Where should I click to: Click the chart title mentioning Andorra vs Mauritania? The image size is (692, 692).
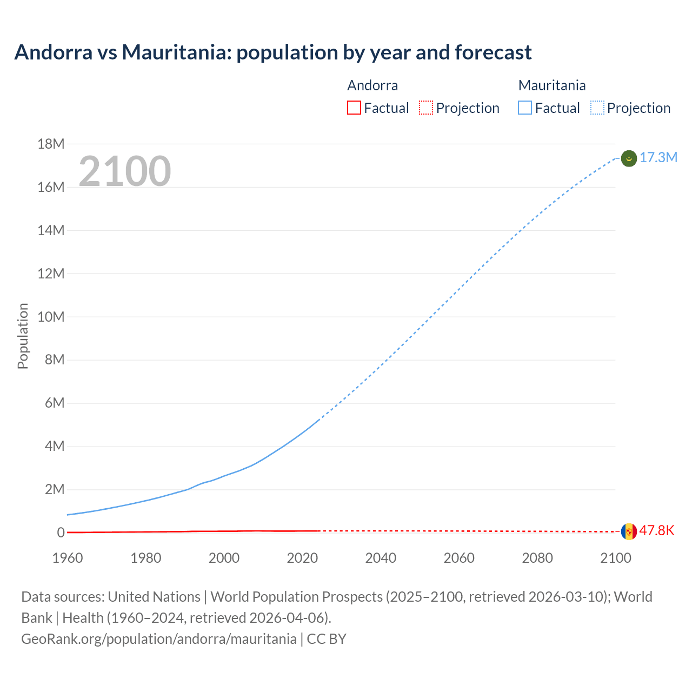(273, 52)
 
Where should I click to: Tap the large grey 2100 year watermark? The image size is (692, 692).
(125, 171)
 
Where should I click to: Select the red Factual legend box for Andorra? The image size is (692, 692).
(354, 108)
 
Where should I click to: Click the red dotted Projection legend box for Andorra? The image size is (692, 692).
(426, 108)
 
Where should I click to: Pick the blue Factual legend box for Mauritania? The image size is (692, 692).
(524, 108)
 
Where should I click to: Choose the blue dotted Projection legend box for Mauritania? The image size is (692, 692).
(597, 108)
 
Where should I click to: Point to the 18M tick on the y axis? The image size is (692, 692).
(51, 144)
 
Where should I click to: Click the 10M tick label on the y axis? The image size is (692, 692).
(51, 317)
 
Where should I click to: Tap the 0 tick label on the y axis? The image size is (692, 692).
(61, 533)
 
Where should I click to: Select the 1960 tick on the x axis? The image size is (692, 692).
(68, 558)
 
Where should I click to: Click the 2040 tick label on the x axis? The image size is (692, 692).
(381, 558)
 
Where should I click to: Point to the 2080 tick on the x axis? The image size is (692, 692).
(537, 558)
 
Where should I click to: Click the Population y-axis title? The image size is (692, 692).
(23, 336)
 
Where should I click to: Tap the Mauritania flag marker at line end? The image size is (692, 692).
(629, 158)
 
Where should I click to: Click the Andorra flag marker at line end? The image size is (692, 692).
(629, 531)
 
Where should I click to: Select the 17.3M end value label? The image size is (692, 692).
(658, 158)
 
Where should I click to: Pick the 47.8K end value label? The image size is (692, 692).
(657, 531)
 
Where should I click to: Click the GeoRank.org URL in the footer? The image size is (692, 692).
(159, 639)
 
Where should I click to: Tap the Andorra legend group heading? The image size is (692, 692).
(372, 85)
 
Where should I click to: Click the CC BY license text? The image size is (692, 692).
(327, 639)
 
